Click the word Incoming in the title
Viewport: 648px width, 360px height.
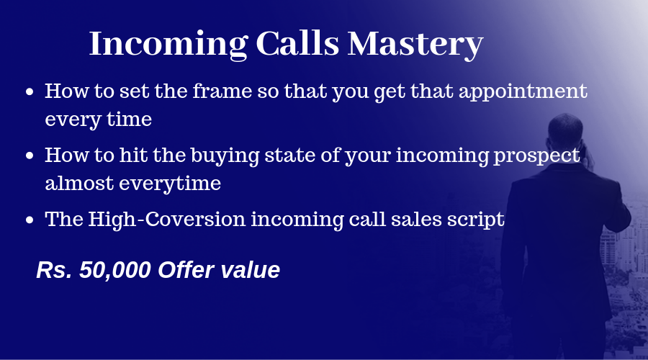pyautogui.click(x=168, y=44)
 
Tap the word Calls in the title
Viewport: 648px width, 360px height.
pyautogui.click(x=297, y=43)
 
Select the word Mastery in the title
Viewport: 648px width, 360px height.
pyautogui.click(x=415, y=45)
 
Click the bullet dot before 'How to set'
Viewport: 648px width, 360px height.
pyautogui.click(x=30, y=91)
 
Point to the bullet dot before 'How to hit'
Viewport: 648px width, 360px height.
pyautogui.click(x=30, y=156)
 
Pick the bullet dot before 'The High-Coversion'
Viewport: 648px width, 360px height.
pyautogui.click(x=30, y=220)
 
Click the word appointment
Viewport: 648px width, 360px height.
pyautogui.click(x=523, y=92)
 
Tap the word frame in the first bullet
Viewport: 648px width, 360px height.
pyautogui.click(x=222, y=91)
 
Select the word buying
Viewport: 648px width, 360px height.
pyautogui.click(x=225, y=156)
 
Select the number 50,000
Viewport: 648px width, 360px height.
pyautogui.click(x=115, y=270)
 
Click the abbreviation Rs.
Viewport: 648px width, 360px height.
pyautogui.click(x=55, y=270)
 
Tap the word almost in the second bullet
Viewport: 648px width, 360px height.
pyautogui.click(x=79, y=183)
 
